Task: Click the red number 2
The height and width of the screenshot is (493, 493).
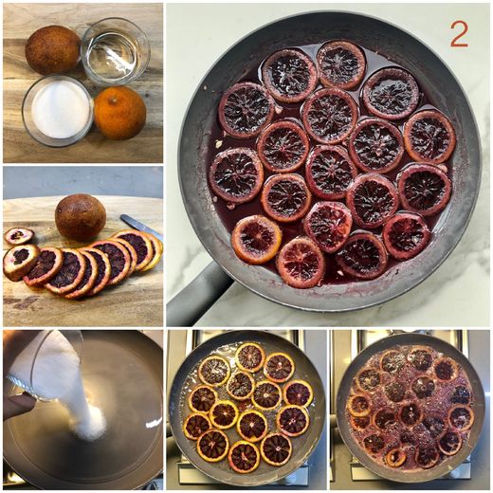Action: (459, 35)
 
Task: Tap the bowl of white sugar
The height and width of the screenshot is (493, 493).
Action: (58, 111)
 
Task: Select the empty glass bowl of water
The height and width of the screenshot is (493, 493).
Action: (116, 50)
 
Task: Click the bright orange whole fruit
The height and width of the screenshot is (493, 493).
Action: (120, 113)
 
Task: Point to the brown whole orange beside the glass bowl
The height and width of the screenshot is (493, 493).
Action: (52, 49)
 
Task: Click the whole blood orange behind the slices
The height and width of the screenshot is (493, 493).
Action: (81, 217)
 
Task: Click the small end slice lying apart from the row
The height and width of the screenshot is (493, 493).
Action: (19, 236)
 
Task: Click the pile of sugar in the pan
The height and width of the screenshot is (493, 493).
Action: (91, 424)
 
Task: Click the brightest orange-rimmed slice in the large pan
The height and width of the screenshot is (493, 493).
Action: (257, 239)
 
